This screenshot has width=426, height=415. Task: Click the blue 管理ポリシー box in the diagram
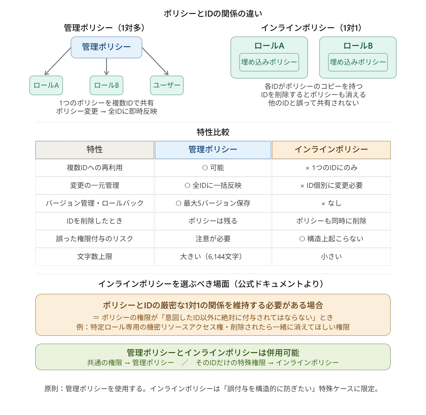pos(106,47)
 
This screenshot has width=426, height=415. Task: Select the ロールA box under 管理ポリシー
pos(46,85)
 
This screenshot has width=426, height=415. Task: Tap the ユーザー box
pos(167,85)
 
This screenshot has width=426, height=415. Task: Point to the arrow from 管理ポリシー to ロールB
pos(106,67)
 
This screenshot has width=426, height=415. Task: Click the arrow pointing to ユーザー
pos(155,61)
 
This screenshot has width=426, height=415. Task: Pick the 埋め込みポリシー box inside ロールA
pos(269,62)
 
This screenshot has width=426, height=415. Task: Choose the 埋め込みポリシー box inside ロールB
pos(358,62)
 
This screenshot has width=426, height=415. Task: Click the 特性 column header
pos(95,150)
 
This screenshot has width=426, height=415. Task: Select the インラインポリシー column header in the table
pos(331,150)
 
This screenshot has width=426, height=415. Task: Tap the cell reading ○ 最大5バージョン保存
pos(213,203)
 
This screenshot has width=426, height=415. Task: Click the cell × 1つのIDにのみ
pos(331,168)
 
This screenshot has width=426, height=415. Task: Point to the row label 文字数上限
pos(95,256)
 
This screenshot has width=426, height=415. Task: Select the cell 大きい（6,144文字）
pos(213,257)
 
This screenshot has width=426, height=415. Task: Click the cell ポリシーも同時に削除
pos(331,221)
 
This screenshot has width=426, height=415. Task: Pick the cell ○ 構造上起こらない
pos(331,239)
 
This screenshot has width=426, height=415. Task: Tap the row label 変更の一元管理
pos(95,186)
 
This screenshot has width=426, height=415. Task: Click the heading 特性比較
pos(213,132)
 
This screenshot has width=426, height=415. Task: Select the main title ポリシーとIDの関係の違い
pos(213,14)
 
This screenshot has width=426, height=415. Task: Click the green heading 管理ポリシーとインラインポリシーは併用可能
pos(213,353)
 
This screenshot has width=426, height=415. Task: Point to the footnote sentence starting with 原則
pos(212,389)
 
